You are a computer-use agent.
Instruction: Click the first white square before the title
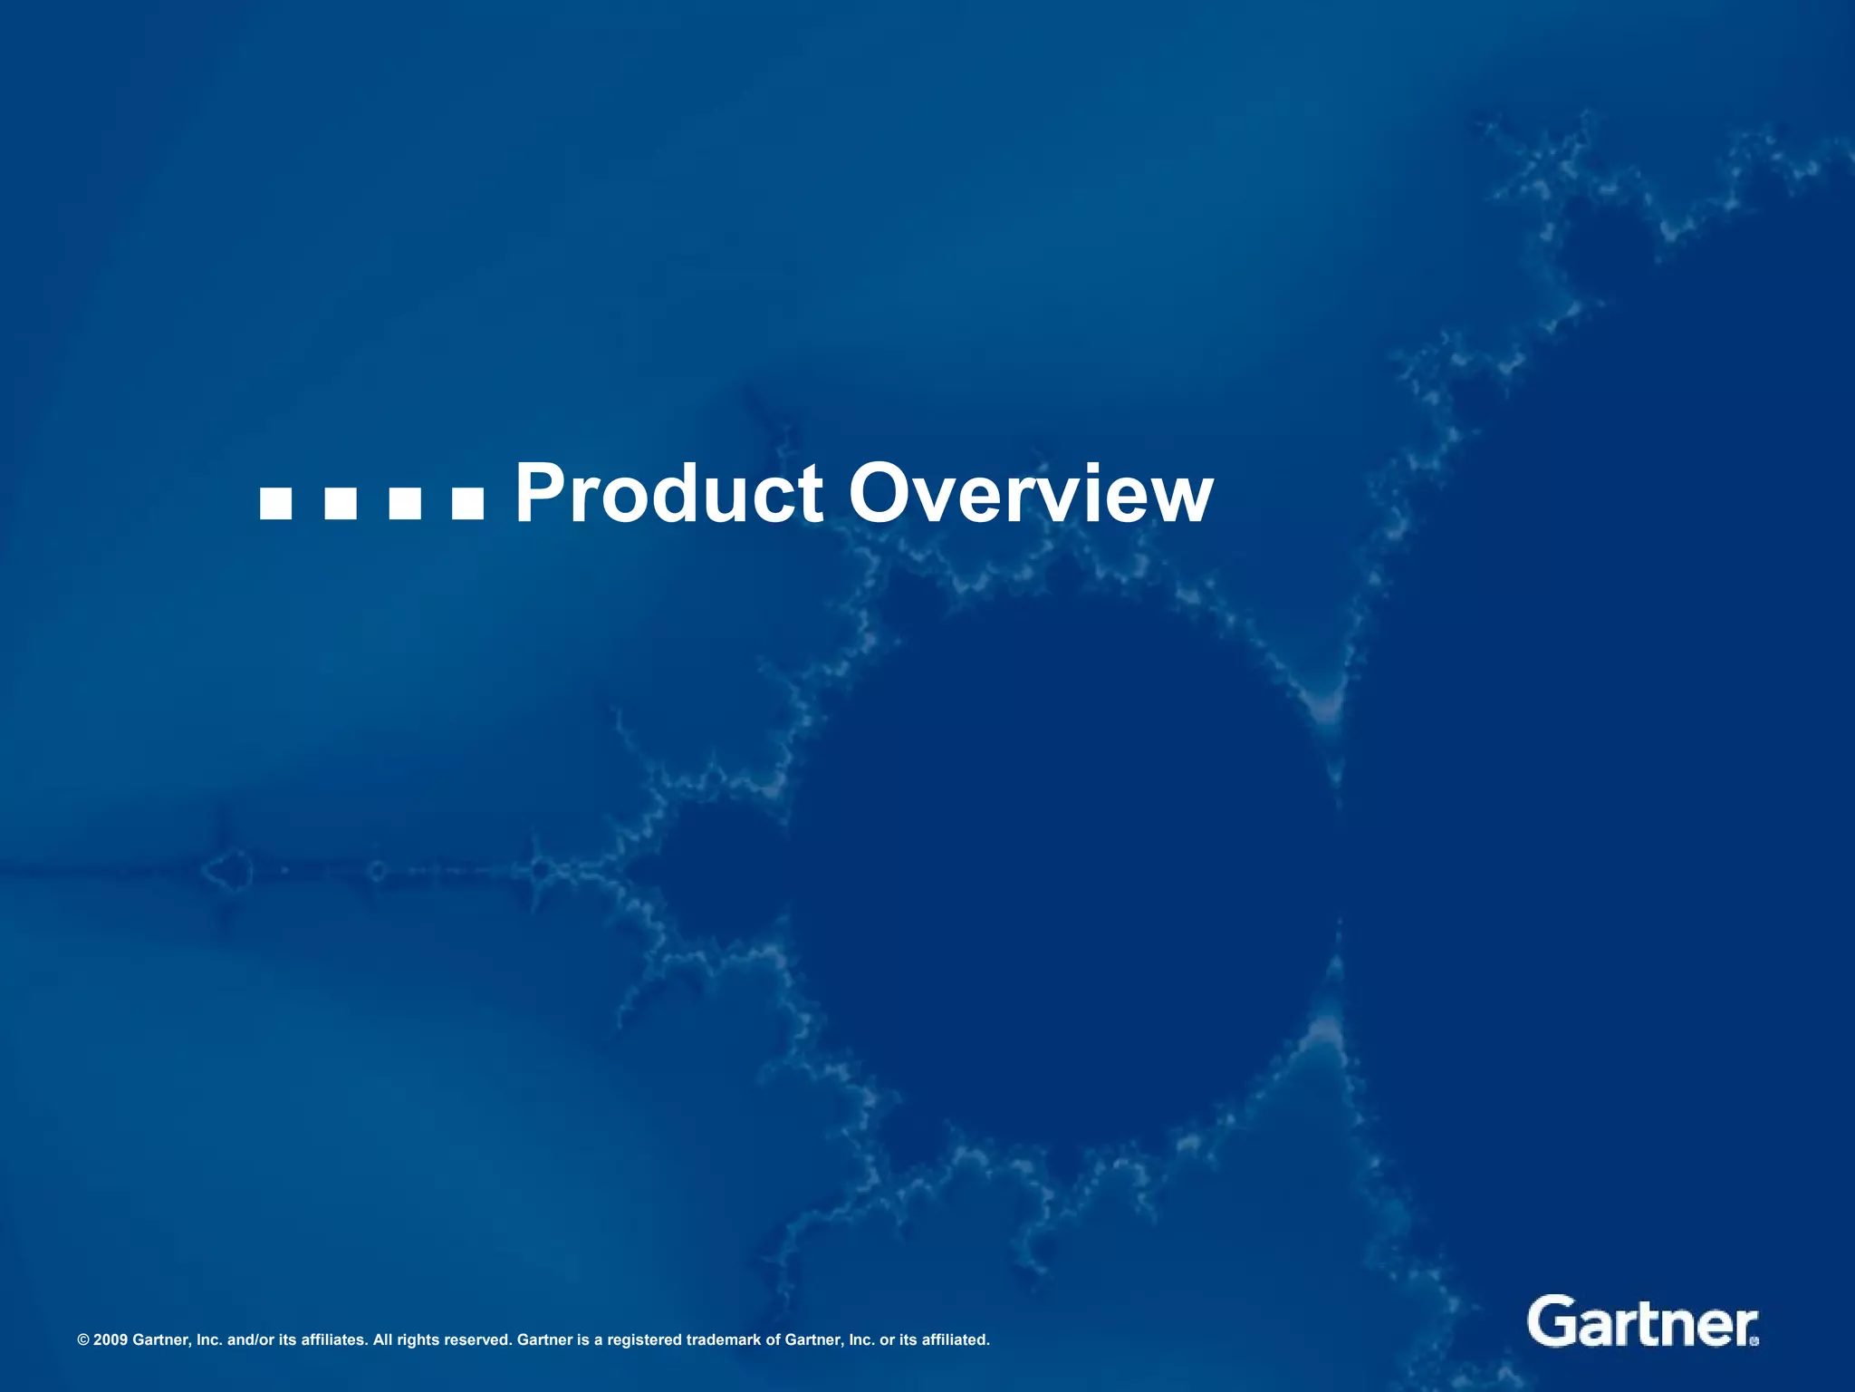point(275,504)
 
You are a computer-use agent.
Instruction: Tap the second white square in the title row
point(340,504)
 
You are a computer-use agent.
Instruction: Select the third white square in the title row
point(404,504)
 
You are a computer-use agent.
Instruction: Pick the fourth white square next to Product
point(468,504)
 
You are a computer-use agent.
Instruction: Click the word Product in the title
point(668,494)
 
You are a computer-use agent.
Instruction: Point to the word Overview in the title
point(1030,494)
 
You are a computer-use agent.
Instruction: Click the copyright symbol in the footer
point(83,1340)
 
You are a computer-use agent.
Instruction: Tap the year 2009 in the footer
point(111,1340)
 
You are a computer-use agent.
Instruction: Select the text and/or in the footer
point(246,1340)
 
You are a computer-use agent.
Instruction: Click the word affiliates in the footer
point(332,1340)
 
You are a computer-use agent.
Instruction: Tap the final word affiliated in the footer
point(955,1340)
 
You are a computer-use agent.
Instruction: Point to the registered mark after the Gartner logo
point(1755,1341)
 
